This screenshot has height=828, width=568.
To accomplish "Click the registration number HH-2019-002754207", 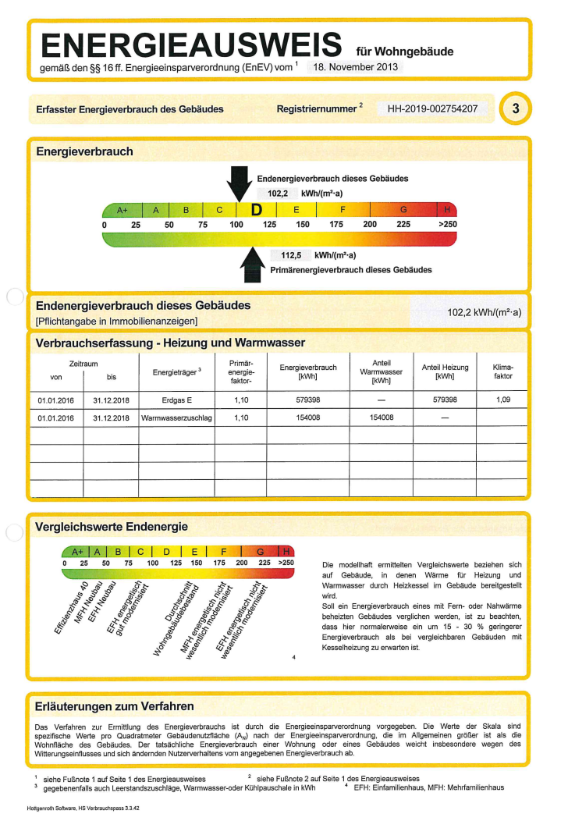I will [432, 108].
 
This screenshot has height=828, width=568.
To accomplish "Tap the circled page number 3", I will [515, 108].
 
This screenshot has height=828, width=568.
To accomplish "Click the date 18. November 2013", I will [356, 67].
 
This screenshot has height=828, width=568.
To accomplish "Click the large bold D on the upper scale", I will [255, 210].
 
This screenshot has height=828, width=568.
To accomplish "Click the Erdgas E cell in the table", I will [176, 400].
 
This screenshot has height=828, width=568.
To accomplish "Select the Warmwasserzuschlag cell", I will [176, 418].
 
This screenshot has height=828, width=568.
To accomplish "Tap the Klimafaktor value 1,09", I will [502, 400].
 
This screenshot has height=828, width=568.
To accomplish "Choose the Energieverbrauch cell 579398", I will [307, 400].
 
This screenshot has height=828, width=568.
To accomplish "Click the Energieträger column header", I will [177, 371].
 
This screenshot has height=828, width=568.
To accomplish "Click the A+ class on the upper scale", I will [122, 210].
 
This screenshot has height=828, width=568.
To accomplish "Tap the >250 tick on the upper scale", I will [447, 225].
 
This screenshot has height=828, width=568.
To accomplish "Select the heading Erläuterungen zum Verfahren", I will [115, 706].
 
